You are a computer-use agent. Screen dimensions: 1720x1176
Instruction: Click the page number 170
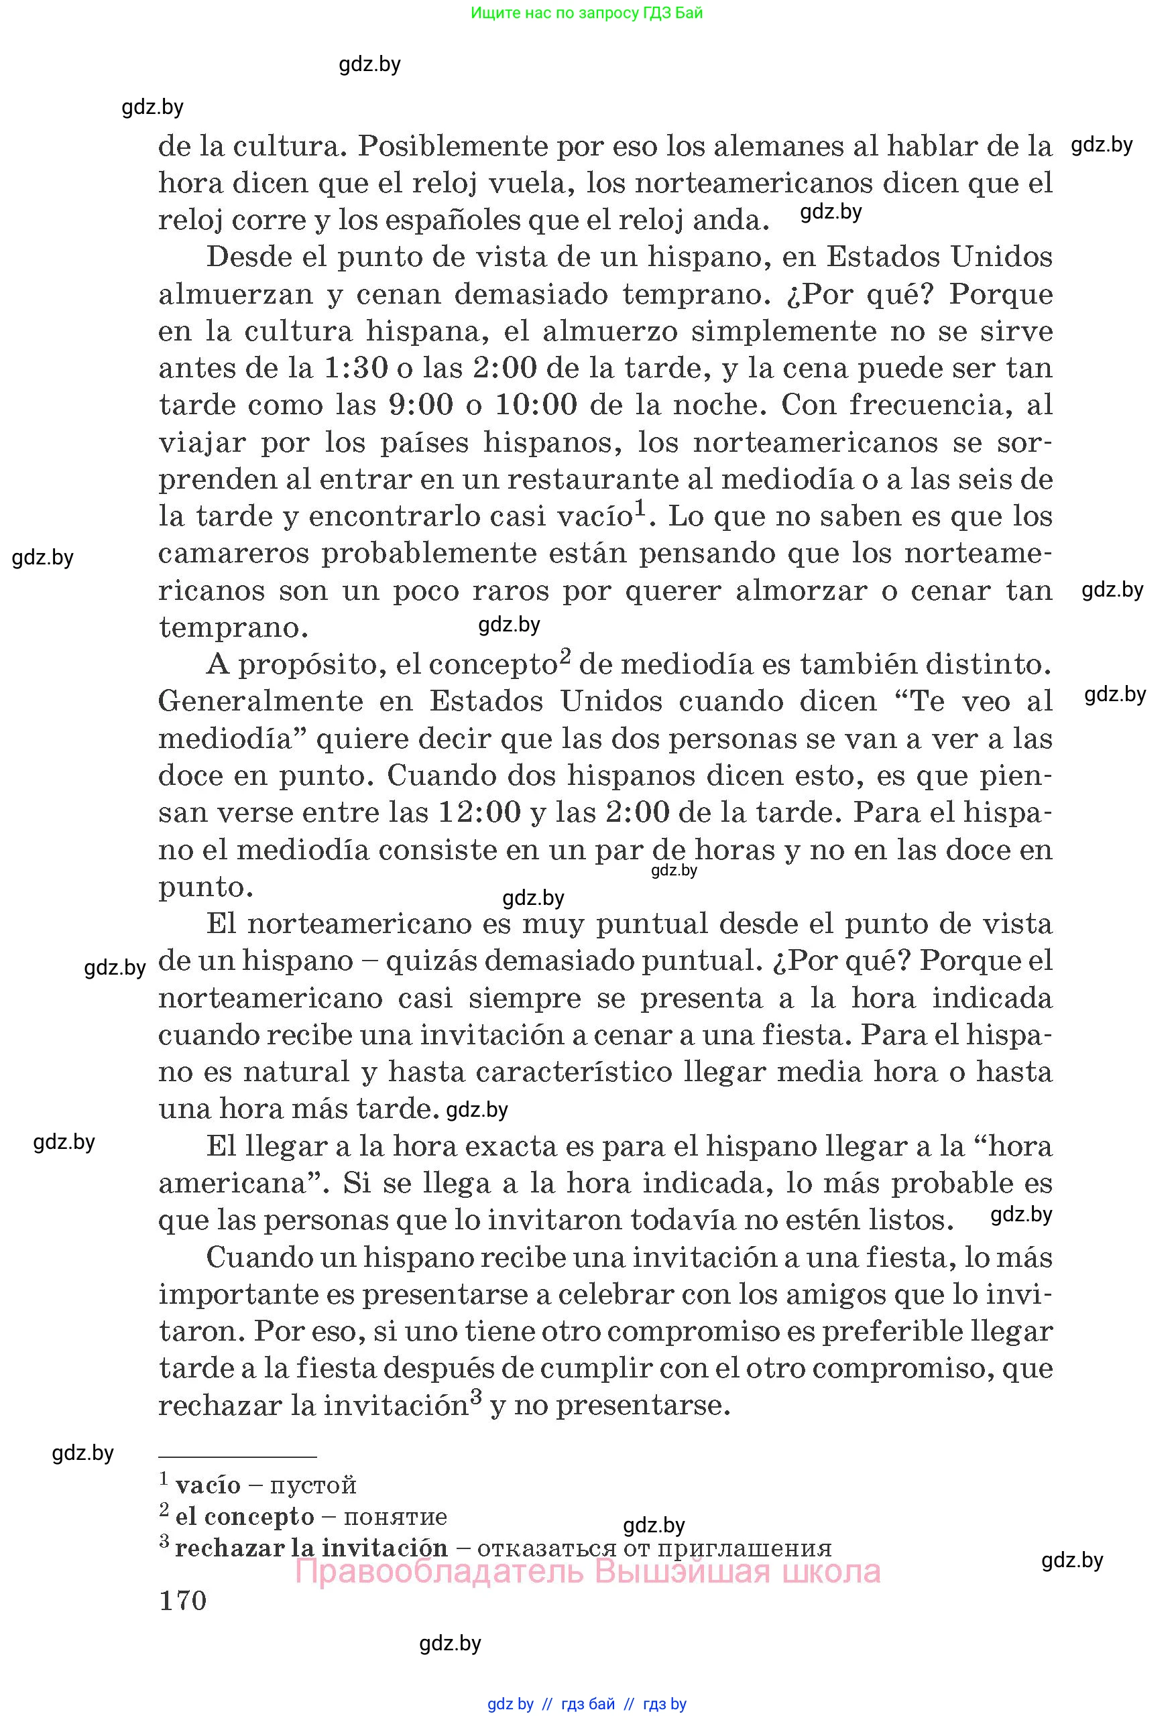(x=183, y=1601)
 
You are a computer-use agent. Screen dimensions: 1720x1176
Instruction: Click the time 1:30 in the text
(x=357, y=368)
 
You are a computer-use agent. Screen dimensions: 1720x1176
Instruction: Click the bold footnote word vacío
(x=208, y=1485)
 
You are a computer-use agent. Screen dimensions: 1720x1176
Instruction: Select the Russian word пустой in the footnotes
(x=313, y=1485)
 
